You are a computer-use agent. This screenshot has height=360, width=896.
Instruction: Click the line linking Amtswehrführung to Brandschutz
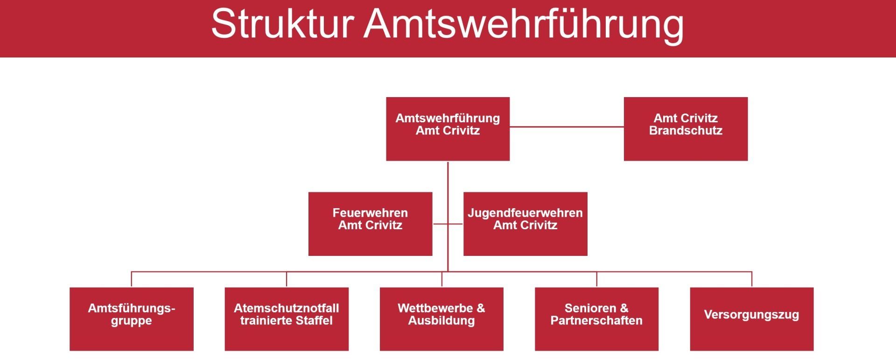pyautogui.click(x=567, y=127)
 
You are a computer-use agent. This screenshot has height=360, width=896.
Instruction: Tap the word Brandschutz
pyautogui.click(x=686, y=131)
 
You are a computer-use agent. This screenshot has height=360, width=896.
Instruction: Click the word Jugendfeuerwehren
pyautogui.click(x=525, y=213)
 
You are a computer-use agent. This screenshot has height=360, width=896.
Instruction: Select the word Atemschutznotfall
pyautogui.click(x=286, y=308)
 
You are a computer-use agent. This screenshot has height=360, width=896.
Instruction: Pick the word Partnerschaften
pyautogui.click(x=596, y=321)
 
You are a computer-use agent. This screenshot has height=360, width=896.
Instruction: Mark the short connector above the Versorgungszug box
pyautogui.click(x=751, y=279)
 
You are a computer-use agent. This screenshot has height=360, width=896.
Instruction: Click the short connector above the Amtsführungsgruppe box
pyautogui.click(x=131, y=279)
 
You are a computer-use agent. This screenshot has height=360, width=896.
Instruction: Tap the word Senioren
pyautogui.click(x=590, y=308)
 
